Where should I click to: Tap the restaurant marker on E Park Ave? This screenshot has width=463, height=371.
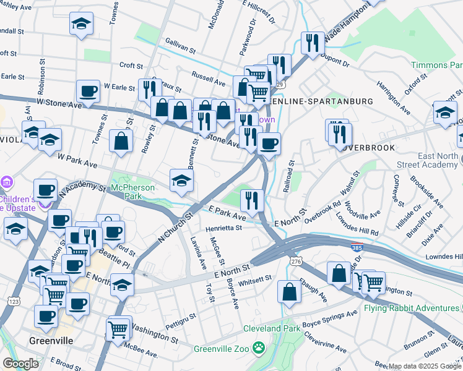click(x=252, y=200)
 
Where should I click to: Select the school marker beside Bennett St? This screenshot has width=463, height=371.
click(x=182, y=180)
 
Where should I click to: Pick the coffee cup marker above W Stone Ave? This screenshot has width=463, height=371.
click(x=88, y=92)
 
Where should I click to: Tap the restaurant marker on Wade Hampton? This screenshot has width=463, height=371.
click(x=312, y=43)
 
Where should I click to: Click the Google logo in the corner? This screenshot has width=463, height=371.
click(x=21, y=364)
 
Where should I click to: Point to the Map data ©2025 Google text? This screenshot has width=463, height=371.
click(x=424, y=366)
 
